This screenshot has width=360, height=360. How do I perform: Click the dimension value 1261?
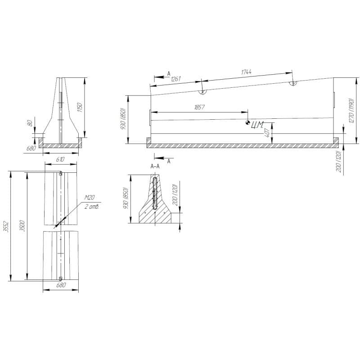[176, 79]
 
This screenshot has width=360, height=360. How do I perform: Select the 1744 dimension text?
[246, 72]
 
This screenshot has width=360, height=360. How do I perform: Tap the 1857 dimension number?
[199, 107]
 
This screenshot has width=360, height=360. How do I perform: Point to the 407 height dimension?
[267, 133]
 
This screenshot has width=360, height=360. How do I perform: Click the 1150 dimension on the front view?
[80, 108]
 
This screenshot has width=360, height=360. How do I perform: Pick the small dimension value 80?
[30, 123]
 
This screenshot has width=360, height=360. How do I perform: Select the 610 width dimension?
[60, 159]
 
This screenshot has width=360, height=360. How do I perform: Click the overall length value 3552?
[7, 227]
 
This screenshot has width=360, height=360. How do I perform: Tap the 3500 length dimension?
[22, 226]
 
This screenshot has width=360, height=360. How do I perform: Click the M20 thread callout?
[90, 198]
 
